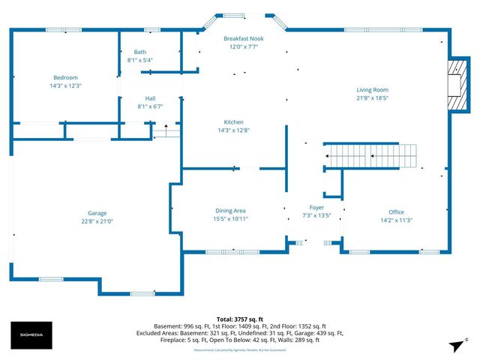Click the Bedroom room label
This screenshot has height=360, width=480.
(x=65, y=77)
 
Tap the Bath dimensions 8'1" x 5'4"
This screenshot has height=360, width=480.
(x=140, y=60)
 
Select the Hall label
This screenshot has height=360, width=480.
(x=150, y=97)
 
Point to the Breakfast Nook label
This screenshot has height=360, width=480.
(x=244, y=37)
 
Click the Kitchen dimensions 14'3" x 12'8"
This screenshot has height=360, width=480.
(x=234, y=130)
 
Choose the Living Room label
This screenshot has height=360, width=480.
(x=372, y=89)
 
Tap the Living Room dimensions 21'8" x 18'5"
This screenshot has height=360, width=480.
(x=372, y=97)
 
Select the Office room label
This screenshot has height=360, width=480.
(x=396, y=211)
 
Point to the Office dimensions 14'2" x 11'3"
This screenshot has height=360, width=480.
(x=396, y=220)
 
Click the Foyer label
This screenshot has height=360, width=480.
(x=316, y=207)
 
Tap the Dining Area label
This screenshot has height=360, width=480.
(x=230, y=210)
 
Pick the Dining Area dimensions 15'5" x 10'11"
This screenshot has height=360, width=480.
(x=230, y=219)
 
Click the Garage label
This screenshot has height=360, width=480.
(x=97, y=213)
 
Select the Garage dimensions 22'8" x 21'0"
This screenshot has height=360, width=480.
(x=97, y=221)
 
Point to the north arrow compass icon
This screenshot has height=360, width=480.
(x=454, y=345)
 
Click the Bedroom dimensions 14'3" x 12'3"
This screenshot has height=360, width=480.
(x=65, y=85)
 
